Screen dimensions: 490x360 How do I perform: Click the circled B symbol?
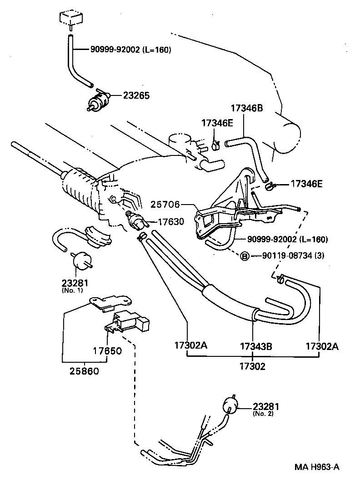pyautogui.click(x=244, y=256)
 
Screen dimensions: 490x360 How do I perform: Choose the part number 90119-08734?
pyautogui.click(x=287, y=256)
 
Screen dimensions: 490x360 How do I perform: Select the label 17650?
pyautogui.click(x=107, y=352)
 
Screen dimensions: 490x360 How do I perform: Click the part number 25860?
pyautogui.click(x=85, y=371)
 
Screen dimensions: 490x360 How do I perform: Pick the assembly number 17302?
pyautogui.click(x=253, y=366)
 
